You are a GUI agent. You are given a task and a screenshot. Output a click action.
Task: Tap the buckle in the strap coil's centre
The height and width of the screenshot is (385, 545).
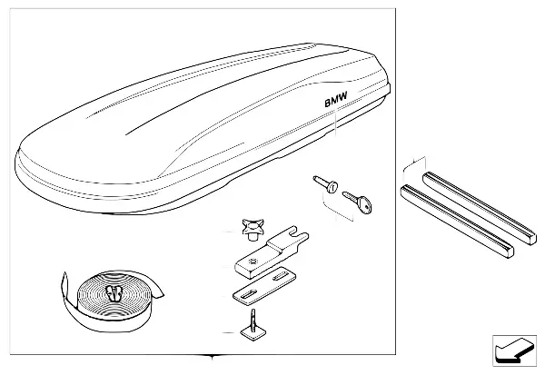tap(113, 293)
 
